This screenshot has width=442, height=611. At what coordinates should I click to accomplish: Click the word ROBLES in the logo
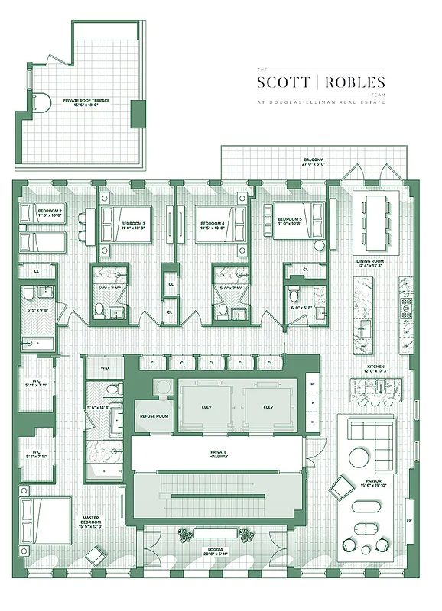point(355,82)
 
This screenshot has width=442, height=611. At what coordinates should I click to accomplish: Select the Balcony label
point(312,160)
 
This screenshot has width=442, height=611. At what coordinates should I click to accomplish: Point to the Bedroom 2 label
point(50,210)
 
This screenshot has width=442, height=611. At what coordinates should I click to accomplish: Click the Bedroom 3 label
point(132,224)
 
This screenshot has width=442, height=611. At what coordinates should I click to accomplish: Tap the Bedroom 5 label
point(289,220)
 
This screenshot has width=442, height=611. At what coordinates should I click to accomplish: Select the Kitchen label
point(375,367)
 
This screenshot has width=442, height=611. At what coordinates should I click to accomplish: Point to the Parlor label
point(373,481)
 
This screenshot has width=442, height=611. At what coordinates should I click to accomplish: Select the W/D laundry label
point(106,367)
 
